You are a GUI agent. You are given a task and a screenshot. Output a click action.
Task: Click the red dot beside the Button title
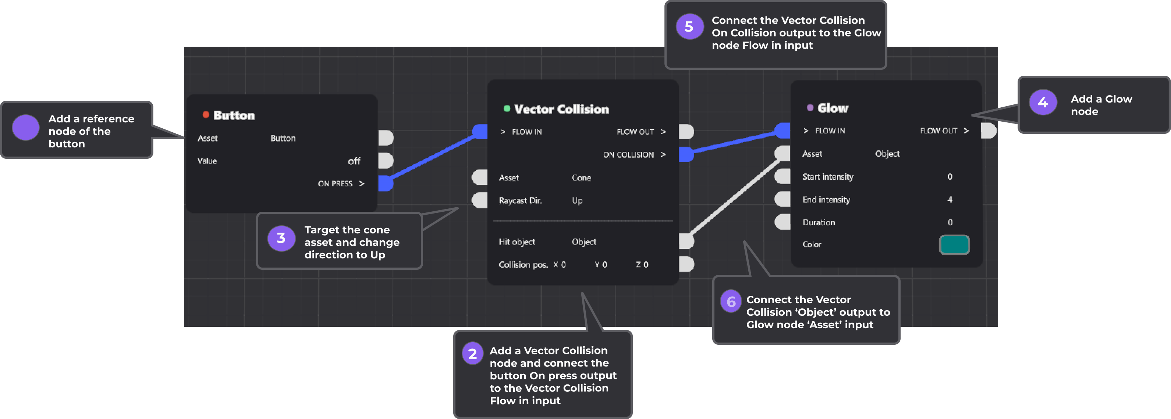(206, 115)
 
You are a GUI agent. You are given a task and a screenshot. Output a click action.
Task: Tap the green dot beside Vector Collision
(506, 108)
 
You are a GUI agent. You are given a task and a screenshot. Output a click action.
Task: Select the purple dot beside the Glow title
(810, 108)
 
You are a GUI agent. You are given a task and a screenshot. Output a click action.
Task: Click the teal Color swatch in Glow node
(954, 245)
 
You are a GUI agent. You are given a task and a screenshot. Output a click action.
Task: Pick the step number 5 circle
(689, 27)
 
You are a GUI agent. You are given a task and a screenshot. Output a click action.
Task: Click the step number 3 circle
(281, 238)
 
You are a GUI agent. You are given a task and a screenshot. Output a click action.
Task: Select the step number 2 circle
(472, 354)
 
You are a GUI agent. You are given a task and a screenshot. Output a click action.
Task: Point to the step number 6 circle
(731, 302)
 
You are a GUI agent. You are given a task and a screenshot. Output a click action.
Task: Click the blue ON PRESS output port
(386, 183)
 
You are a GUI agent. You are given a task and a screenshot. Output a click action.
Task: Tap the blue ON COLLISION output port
(686, 154)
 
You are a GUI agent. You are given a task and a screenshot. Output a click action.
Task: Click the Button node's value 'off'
(354, 161)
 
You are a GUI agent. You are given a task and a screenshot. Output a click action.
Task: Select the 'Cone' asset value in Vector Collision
(581, 178)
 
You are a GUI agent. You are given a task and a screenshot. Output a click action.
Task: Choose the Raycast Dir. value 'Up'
(577, 201)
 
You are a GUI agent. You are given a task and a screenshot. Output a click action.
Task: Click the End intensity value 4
(950, 200)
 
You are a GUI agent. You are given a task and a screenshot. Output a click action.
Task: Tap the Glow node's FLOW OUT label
(938, 131)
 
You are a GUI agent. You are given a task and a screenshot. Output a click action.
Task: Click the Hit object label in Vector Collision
(517, 242)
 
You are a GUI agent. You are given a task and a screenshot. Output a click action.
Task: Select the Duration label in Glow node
(818, 222)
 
